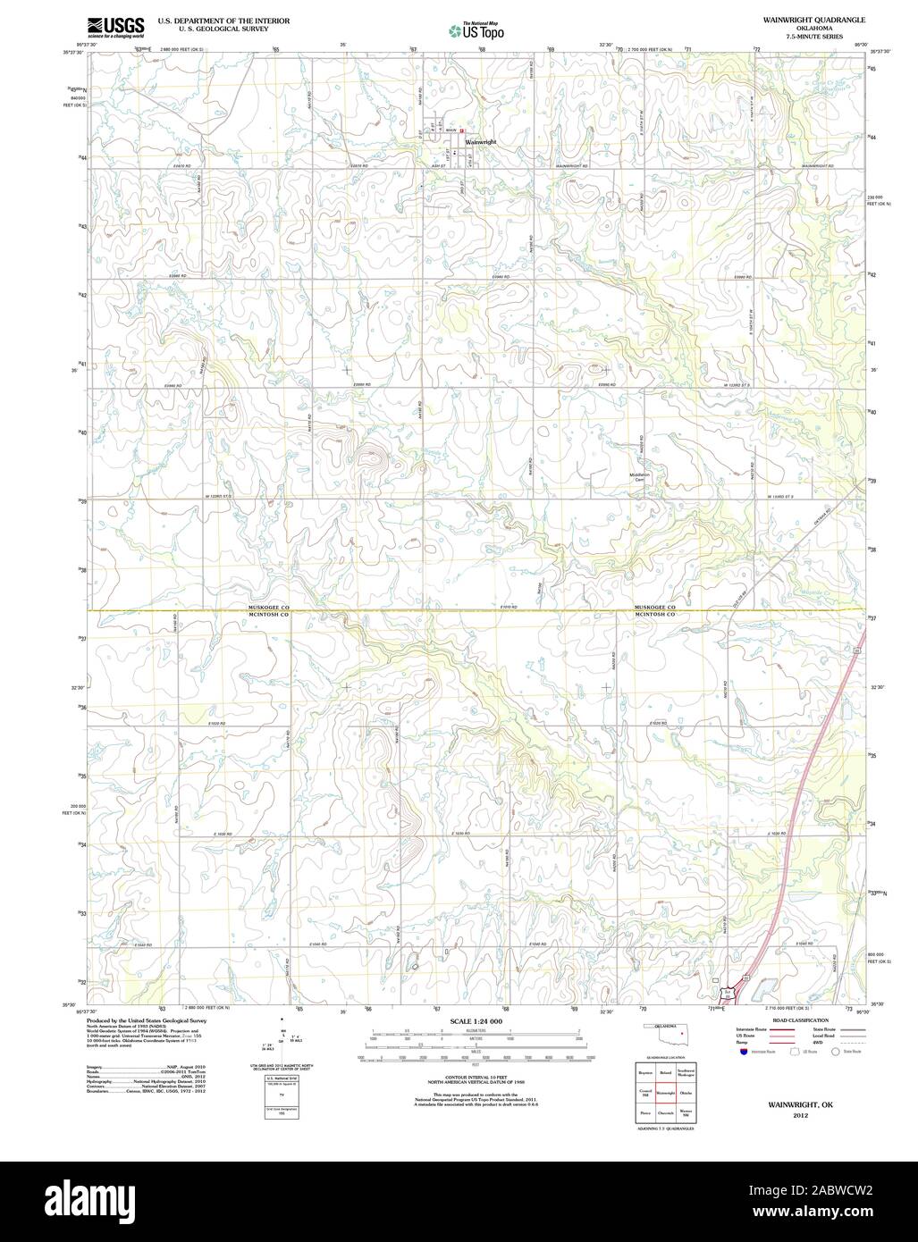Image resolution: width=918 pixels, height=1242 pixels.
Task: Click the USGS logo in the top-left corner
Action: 115,27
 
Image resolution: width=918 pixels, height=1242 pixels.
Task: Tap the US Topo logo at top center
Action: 476,30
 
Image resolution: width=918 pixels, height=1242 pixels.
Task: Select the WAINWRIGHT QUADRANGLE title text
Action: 801,19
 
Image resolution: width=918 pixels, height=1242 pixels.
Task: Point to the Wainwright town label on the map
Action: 480,142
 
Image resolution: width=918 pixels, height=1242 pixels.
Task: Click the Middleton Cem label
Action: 639,477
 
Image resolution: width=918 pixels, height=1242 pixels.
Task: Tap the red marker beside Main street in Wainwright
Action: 463,130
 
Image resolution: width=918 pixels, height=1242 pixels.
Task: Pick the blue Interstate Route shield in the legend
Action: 743,1052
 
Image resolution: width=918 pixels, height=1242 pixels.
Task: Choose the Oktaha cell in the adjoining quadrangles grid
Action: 686,1093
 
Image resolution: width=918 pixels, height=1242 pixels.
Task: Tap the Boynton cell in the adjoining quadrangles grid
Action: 644,1072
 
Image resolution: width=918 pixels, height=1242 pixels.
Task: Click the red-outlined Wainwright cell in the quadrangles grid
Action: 665,1093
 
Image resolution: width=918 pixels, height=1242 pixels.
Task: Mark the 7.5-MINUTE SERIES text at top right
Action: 801,37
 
